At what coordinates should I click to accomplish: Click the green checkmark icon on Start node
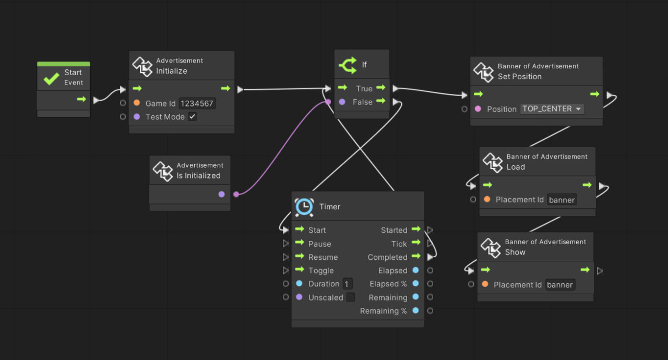tap(51, 78)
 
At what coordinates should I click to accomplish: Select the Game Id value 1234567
tap(197, 103)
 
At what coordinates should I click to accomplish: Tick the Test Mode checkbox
tap(193, 117)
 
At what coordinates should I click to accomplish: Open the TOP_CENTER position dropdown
tap(552, 109)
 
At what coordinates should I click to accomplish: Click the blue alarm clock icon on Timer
tap(304, 207)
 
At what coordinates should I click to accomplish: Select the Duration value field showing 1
tap(347, 284)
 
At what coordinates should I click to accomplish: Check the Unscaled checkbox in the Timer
tap(351, 297)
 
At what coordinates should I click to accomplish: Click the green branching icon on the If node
tap(348, 65)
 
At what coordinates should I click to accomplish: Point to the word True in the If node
tap(364, 88)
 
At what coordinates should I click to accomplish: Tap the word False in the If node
tap(363, 102)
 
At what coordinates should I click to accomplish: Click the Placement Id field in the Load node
tap(562, 200)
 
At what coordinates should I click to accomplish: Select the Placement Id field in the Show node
tap(560, 285)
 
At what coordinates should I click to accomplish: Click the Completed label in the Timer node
tap(387, 257)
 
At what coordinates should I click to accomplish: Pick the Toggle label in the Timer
tap(321, 270)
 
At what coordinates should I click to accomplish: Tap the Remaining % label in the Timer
tap(383, 311)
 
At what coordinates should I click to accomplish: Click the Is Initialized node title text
tap(198, 176)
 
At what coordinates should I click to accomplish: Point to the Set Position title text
tap(519, 77)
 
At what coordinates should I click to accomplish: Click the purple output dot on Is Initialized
tap(222, 194)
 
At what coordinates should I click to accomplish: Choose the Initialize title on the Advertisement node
tap(172, 71)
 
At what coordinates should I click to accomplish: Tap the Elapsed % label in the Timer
tap(388, 284)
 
